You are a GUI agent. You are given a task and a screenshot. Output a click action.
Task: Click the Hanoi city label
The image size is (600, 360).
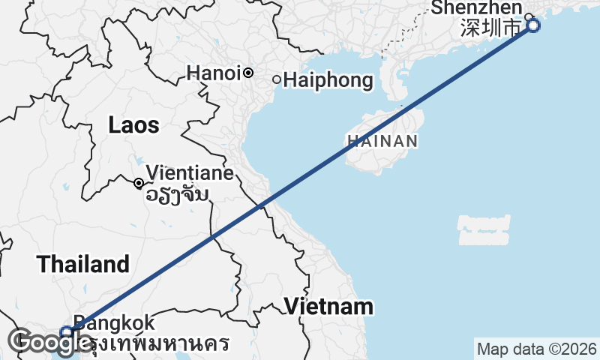(214, 73)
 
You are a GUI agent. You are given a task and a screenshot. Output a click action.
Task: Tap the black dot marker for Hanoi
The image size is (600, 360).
(247, 73)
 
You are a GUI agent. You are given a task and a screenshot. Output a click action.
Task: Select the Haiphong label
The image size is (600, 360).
(328, 79)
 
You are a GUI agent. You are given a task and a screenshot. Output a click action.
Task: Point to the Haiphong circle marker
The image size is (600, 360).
(276, 79)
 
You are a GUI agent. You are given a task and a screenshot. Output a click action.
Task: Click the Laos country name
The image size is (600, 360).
(133, 125)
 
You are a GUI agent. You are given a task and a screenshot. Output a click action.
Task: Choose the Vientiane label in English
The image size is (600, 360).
(190, 173)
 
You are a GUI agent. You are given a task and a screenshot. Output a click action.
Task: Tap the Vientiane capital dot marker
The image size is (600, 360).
(139, 183)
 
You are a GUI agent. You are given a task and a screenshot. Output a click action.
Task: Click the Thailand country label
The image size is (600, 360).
(83, 264)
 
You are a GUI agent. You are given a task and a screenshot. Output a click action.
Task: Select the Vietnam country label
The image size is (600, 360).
(328, 306)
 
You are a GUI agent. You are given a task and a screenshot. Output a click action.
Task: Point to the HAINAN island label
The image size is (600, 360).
(382, 140)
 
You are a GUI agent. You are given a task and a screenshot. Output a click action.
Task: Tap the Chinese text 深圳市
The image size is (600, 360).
(490, 28)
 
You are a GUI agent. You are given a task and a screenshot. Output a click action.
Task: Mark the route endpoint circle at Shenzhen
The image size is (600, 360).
(533, 26)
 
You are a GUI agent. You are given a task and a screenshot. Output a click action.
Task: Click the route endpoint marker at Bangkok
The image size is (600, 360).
(66, 331)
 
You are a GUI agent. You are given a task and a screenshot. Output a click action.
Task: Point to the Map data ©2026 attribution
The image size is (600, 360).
(537, 349)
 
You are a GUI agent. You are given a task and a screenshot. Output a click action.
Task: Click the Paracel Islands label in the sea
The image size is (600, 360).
(484, 229)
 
